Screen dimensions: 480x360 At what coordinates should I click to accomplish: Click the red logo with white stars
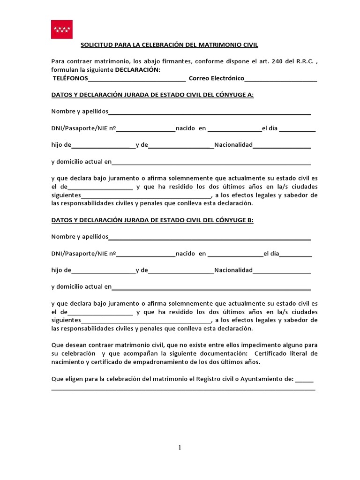point(62,29)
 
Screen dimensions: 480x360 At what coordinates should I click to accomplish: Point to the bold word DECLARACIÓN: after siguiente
point(137,70)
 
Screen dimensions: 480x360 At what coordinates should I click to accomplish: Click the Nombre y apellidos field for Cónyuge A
point(210,112)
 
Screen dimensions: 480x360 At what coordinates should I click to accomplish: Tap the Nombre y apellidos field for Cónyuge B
point(210,238)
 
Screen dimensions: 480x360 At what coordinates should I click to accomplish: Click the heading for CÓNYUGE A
point(152,95)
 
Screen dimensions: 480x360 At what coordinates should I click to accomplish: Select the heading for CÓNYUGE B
point(152,220)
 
